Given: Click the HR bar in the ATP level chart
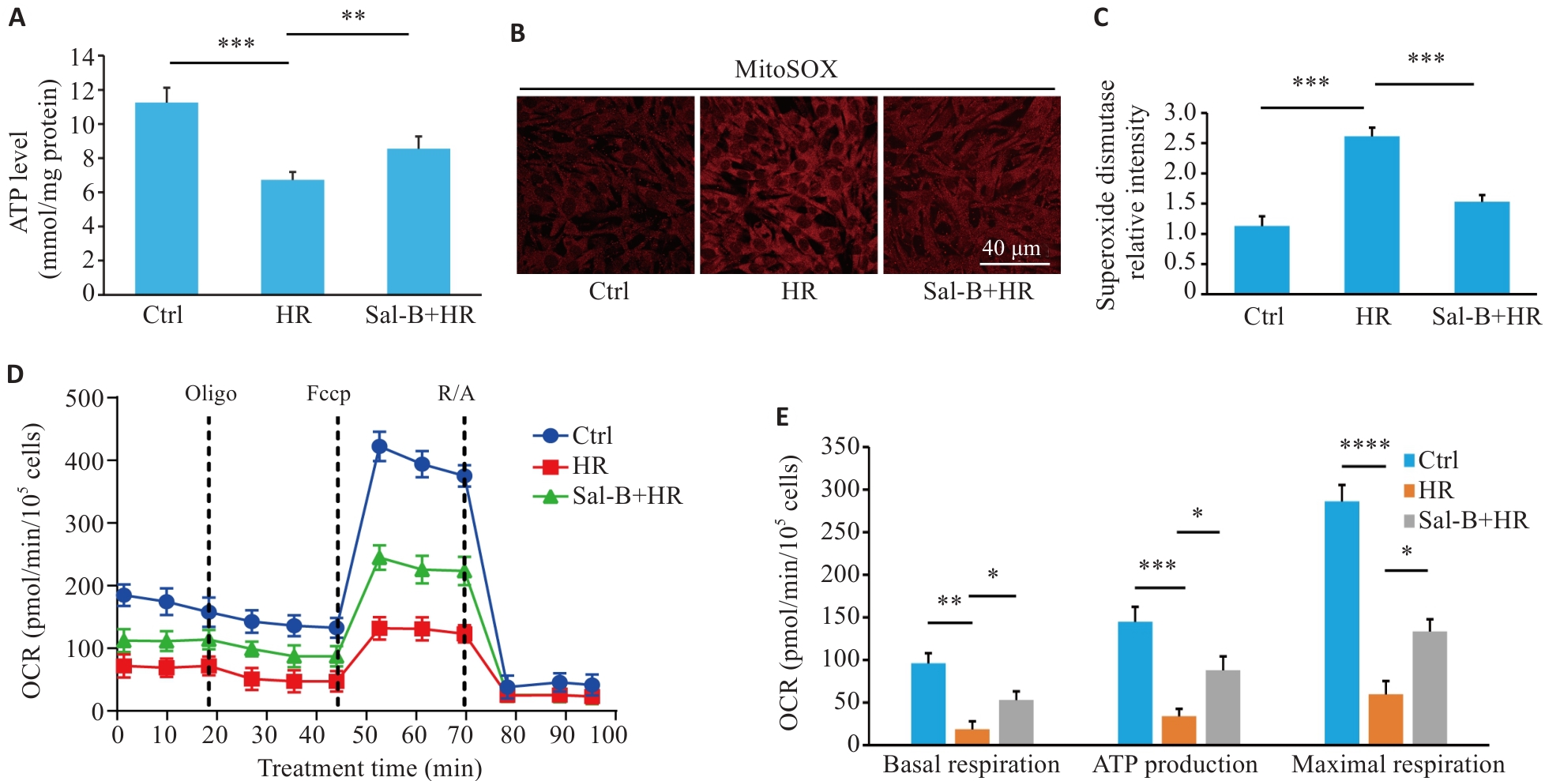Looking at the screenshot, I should (292, 237).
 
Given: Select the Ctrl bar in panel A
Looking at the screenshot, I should (166, 198).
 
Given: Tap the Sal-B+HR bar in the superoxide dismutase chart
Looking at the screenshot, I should (1481, 247).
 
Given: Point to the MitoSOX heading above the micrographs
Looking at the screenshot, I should (785, 69).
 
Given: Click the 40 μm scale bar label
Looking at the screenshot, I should (1011, 248).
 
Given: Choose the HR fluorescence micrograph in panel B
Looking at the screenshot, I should (788, 185).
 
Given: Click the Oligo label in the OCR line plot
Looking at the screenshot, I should (211, 393).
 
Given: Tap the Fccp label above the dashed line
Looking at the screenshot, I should (329, 393).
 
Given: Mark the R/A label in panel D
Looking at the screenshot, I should (457, 393).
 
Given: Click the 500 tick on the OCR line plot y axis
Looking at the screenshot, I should (85, 398).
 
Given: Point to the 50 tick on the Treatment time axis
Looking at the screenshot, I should (365, 735).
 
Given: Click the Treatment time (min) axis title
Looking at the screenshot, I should (370, 768).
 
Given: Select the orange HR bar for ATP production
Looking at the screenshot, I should (1178, 730).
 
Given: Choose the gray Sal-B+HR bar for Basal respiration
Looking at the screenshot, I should (1016, 722).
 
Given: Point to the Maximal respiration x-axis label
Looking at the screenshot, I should (1398, 764).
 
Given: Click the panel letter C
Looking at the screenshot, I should (1101, 17).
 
